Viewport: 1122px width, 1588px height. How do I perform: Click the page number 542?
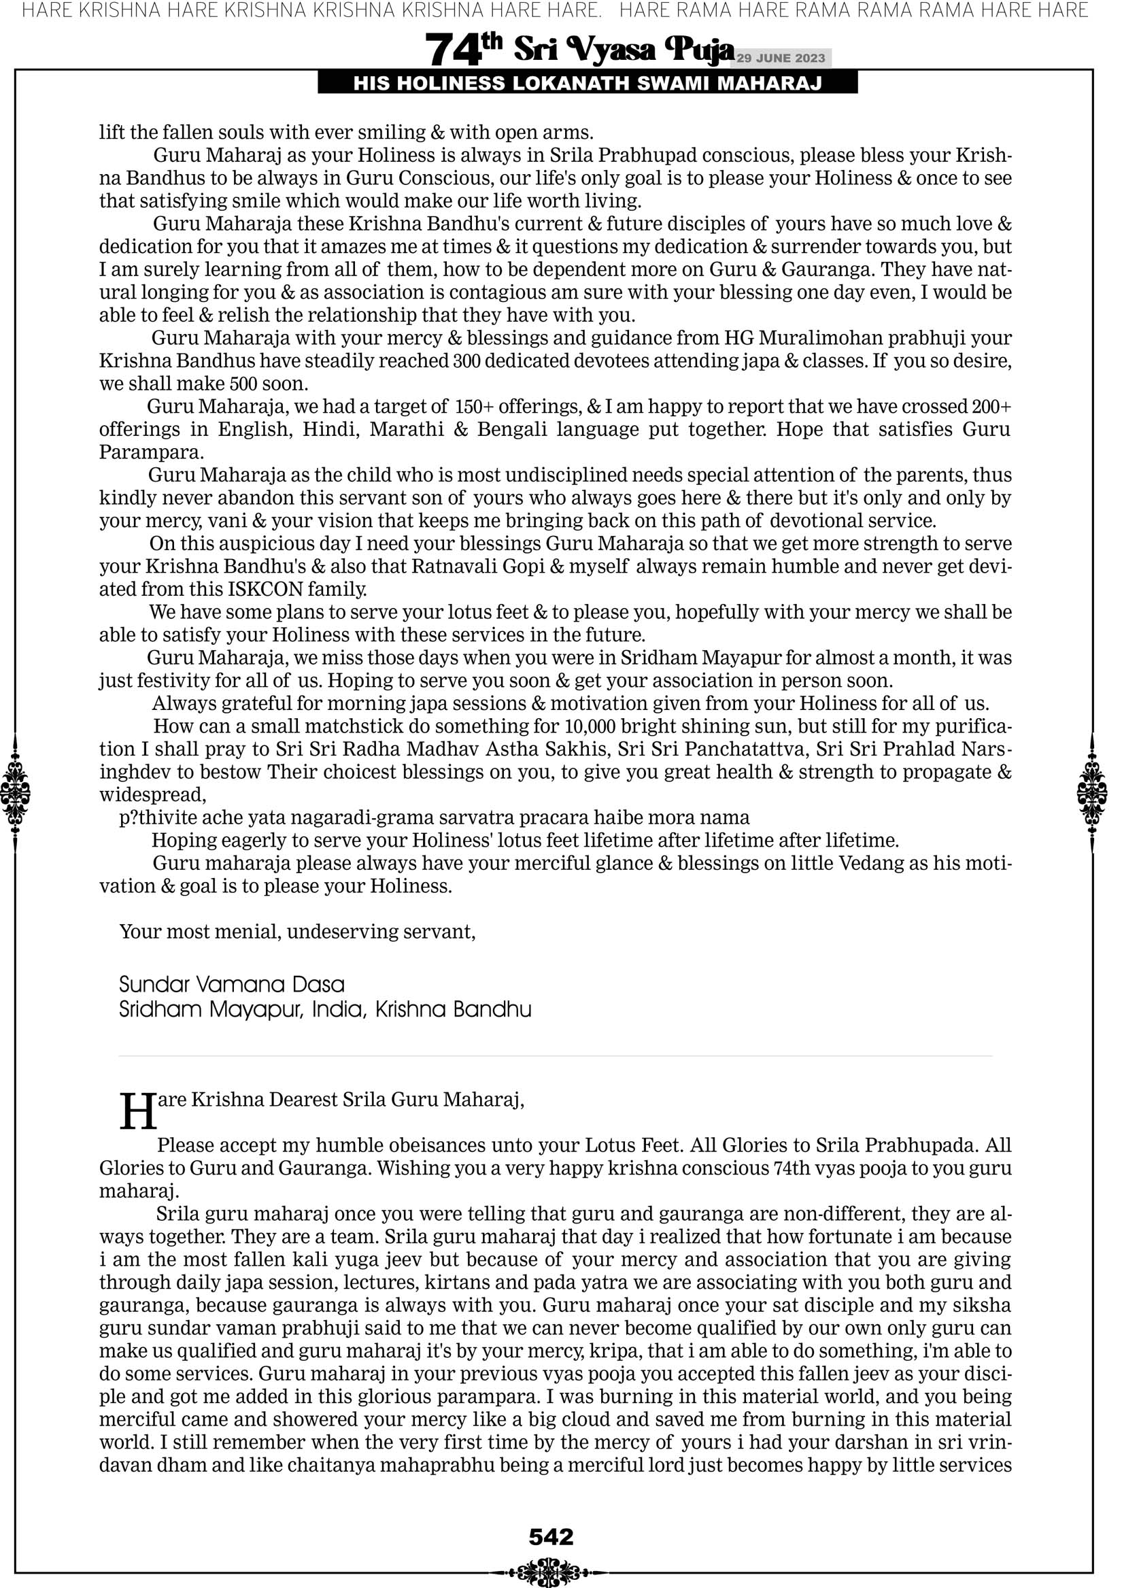coord(551,1537)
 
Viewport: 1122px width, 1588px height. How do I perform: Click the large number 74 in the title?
coord(453,50)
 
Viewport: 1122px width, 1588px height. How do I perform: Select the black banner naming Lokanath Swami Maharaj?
coord(588,84)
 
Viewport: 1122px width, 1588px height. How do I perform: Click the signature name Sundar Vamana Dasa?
coord(232,984)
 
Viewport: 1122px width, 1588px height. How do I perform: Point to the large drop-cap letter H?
coord(137,1111)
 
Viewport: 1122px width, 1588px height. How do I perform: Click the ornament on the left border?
coord(15,792)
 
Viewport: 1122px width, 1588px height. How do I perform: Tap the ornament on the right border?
coord(1092,792)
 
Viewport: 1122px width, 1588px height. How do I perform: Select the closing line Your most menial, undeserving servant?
coord(297,932)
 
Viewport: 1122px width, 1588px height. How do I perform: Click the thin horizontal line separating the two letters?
coord(555,1056)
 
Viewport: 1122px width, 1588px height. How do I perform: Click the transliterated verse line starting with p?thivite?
coord(435,817)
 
